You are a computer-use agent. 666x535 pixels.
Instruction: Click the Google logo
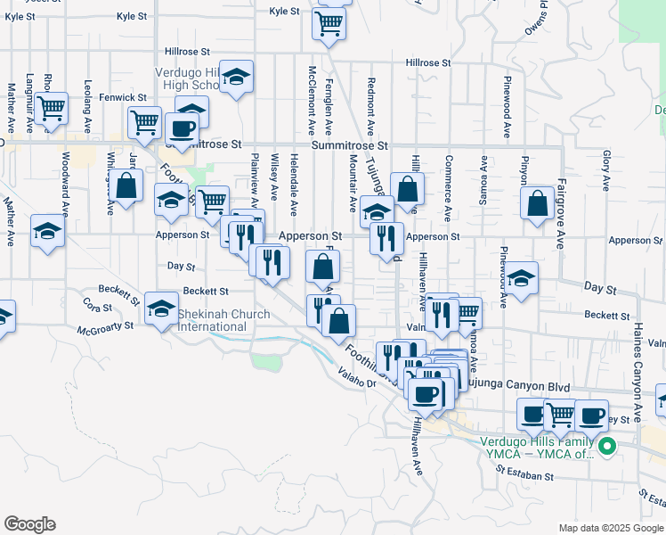click(29, 524)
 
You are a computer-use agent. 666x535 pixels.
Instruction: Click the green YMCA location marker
click(608, 447)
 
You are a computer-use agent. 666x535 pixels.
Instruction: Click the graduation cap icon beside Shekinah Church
click(162, 309)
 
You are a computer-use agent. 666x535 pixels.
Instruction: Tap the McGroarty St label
click(105, 326)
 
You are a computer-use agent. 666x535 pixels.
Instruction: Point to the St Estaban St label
click(525, 477)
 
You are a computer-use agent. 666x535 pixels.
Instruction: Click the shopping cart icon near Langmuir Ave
click(52, 109)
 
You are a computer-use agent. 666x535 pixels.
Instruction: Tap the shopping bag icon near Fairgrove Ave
click(539, 204)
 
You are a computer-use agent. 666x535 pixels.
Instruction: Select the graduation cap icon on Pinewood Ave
click(523, 278)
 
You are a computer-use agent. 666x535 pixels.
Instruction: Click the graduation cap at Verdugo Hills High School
click(237, 77)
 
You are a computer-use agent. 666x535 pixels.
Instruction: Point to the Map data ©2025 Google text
click(610, 528)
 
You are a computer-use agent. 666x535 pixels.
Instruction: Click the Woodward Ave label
click(65, 185)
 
